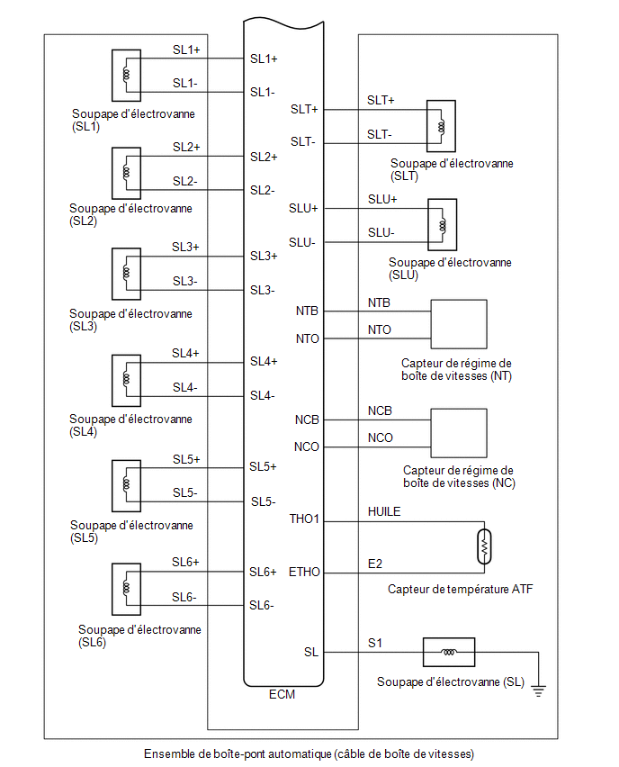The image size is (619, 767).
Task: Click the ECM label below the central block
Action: point(282,694)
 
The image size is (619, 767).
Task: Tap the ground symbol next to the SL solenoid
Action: point(538,691)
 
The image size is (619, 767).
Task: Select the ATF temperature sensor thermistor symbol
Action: point(484,546)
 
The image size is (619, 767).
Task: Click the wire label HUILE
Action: point(384,511)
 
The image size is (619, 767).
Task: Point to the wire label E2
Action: point(375,564)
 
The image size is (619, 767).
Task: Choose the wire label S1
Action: point(375,644)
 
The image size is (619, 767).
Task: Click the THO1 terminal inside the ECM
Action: point(303,519)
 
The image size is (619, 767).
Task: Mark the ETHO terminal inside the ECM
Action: point(304,572)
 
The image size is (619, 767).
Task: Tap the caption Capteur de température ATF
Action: point(460,589)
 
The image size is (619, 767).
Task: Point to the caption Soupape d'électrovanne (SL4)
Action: point(130,425)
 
